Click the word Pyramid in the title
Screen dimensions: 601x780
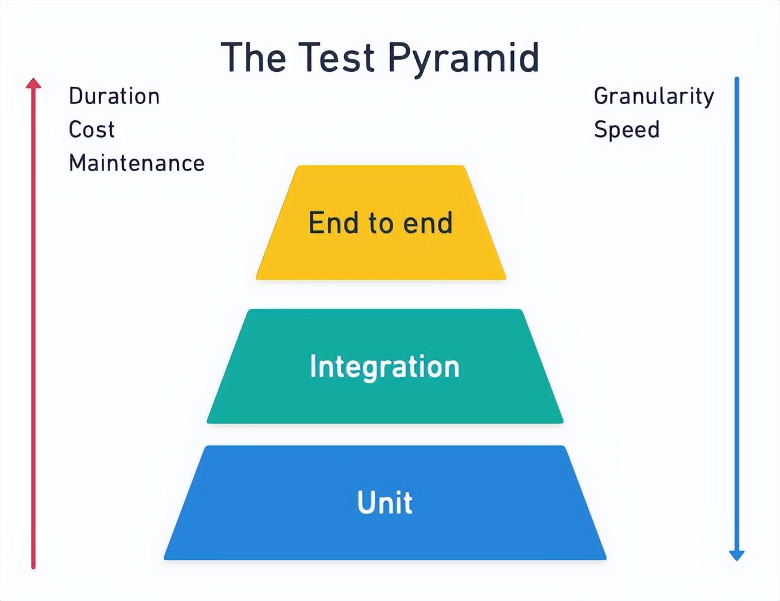click(464, 58)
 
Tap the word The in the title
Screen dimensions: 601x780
click(254, 58)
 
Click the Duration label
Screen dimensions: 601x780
click(114, 96)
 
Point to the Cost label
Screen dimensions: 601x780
click(92, 130)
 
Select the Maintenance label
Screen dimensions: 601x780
click(136, 163)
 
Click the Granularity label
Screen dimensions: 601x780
click(654, 96)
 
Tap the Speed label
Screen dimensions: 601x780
click(626, 130)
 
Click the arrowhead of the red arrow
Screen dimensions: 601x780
click(33, 83)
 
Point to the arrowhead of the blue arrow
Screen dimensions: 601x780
click(737, 554)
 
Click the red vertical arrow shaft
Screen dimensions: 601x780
click(33, 329)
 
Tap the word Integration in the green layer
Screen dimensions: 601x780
click(385, 367)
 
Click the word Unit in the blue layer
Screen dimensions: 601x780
click(385, 502)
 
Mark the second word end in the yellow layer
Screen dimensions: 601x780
click(428, 223)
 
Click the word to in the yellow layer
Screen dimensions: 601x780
click(380, 223)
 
